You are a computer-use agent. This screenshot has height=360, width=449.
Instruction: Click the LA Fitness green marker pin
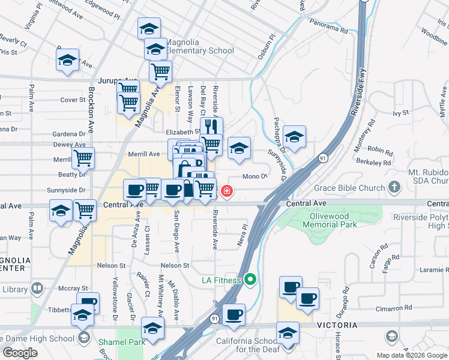tap(251, 280)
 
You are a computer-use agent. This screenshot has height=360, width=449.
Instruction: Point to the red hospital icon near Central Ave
tap(227, 191)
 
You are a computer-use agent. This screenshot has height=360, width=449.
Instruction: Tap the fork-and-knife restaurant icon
tap(211, 127)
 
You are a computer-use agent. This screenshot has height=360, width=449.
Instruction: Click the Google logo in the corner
tap(20, 353)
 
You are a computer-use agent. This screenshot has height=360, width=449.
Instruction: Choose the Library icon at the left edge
tap(38, 289)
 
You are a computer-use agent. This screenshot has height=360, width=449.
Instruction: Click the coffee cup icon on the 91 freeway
tap(234, 314)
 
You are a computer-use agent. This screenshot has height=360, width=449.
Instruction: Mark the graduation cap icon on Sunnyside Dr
tap(294, 137)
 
